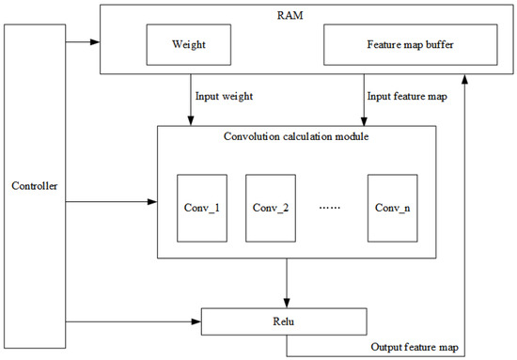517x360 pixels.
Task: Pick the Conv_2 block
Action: click(271, 207)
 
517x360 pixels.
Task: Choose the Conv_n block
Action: click(392, 207)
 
